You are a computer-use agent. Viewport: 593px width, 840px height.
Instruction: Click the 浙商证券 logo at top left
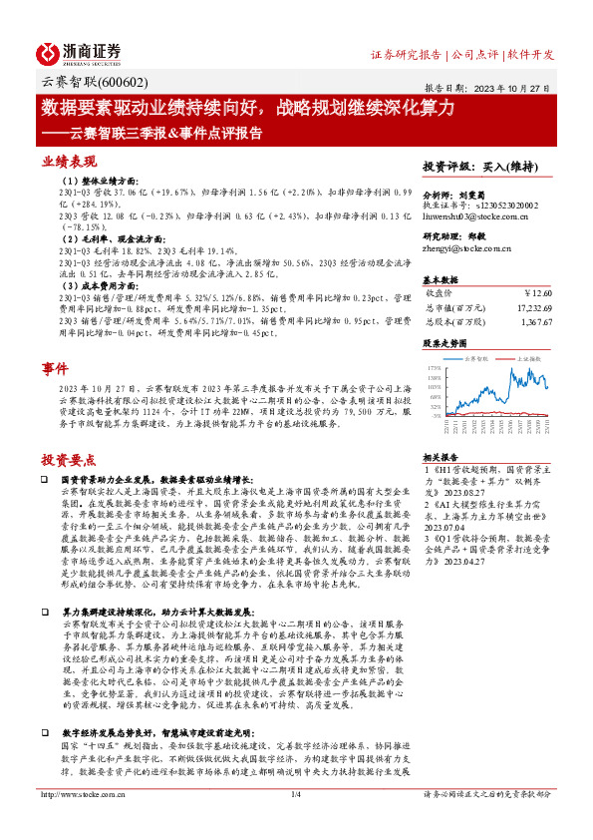tap(81, 52)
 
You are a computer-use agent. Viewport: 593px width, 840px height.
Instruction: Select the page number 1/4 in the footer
tap(295, 821)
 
